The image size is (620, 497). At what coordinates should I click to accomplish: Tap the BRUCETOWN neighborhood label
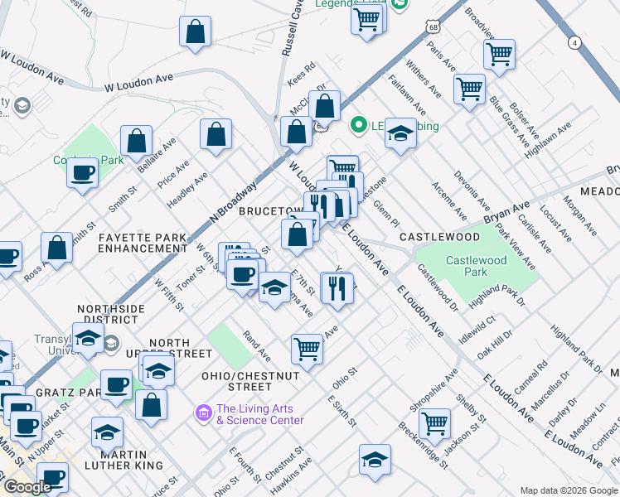click(x=264, y=211)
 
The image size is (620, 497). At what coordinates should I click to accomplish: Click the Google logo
click(x=27, y=487)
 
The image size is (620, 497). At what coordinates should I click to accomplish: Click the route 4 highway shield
click(x=574, y=41)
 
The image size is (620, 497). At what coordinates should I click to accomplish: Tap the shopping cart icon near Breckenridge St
click(x=434, y=424)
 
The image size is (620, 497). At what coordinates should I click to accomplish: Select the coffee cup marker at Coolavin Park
click(x=83, y=173)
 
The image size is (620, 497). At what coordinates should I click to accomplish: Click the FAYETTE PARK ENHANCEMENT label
click(x=142, y=243)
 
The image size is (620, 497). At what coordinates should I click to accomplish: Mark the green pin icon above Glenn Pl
click(x=359, y=127)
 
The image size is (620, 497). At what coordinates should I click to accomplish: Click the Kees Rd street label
click(x=301, y=75)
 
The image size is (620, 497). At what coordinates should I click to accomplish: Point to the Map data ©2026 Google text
click(x=569, y=490)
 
